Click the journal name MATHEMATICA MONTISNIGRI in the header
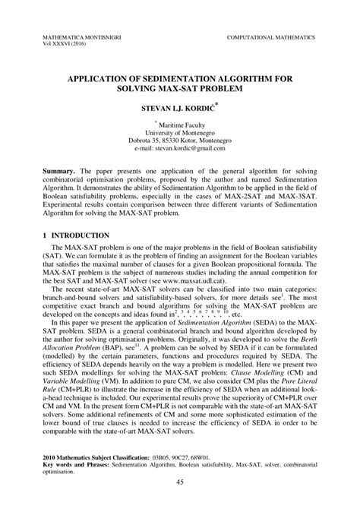(71, 36)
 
